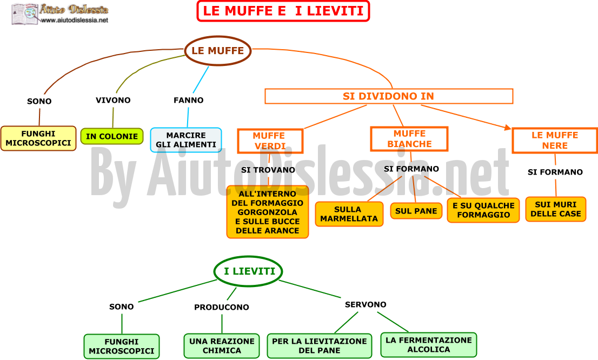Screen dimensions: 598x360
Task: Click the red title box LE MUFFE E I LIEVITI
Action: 283,11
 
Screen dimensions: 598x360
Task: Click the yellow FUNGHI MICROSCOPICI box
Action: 38,138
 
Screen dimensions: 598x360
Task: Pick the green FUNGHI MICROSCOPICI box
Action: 122,346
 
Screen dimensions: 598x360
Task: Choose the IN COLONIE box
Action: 112,136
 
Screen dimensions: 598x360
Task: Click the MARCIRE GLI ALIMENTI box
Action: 186,140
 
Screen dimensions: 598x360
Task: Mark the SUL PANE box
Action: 416,211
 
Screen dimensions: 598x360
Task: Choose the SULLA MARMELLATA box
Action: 349,214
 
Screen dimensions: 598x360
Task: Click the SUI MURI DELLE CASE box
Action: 556,209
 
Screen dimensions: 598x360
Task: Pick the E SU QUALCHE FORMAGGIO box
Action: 483,210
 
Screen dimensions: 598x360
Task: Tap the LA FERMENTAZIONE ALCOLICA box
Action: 429,345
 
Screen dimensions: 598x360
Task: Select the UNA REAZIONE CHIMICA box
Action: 222,346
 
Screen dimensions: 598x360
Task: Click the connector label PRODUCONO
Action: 222,307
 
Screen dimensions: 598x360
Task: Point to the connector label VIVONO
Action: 113,100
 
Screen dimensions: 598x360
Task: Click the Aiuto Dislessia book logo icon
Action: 25,14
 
